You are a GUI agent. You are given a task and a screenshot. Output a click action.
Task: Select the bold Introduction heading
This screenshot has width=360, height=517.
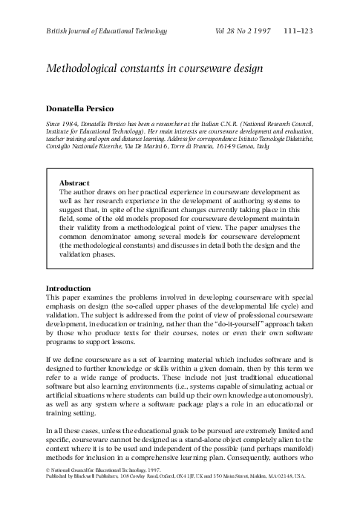coord(69,288)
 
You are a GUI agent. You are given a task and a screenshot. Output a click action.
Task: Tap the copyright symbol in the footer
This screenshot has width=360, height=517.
coord(48,491)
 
